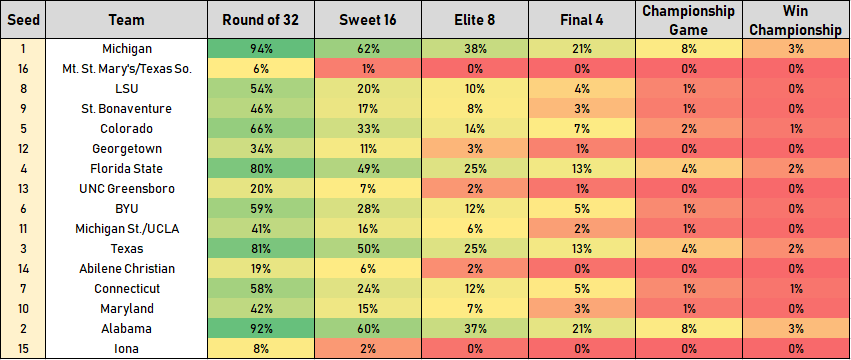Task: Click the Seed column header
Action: (x=24, y=19)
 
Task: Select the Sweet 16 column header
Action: (x=367, y=19)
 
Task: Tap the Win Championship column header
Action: (x=797, y=19)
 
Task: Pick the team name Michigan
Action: (x=128, y=48)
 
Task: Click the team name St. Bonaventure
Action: (x=128, y=108)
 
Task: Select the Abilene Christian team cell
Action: (x=128, y=268)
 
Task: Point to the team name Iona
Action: (x=128, y=348)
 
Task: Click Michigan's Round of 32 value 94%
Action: (x=260, y=48)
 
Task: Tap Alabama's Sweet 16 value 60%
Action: (x=367, y=328)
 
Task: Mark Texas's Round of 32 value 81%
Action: (x=260, y=248)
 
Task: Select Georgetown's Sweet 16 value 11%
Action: (x=367, y=148)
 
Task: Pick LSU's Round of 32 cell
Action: (x=260, y=88)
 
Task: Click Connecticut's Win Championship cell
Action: (x=797, y=288)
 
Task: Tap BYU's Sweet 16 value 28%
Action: (x=367, y=208)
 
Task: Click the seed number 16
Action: (x=24, y=68)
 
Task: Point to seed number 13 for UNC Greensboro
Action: (x=24, y=188)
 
